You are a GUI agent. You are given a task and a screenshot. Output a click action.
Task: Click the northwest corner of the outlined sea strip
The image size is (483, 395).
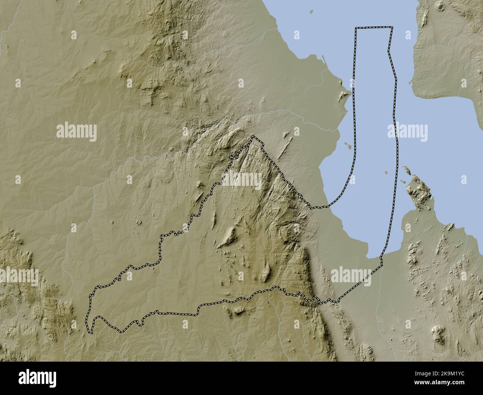pos(356,28)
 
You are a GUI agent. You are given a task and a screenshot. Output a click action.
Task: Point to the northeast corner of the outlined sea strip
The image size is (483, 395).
pos(392,27)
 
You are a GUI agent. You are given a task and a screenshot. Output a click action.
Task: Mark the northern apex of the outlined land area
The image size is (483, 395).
pos(253,137)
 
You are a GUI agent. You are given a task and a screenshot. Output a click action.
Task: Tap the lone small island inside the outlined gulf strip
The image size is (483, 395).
pos(387,173)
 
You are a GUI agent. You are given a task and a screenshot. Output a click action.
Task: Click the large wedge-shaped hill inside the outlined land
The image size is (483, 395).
pos(230,236)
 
